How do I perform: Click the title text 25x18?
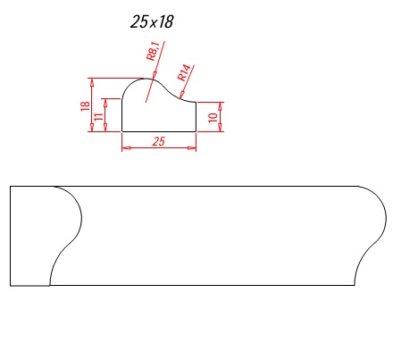(152, 21)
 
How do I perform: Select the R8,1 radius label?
(154, 51)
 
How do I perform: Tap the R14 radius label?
(184, 73)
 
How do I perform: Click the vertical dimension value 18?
(85, 106)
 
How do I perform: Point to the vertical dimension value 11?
(98, 116)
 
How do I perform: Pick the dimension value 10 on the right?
(213, 117)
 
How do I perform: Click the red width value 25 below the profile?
(158, 141)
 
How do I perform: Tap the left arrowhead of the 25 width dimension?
(126, 147)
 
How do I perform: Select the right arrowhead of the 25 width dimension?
(192, 147)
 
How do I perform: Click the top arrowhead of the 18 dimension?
(92, 83)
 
